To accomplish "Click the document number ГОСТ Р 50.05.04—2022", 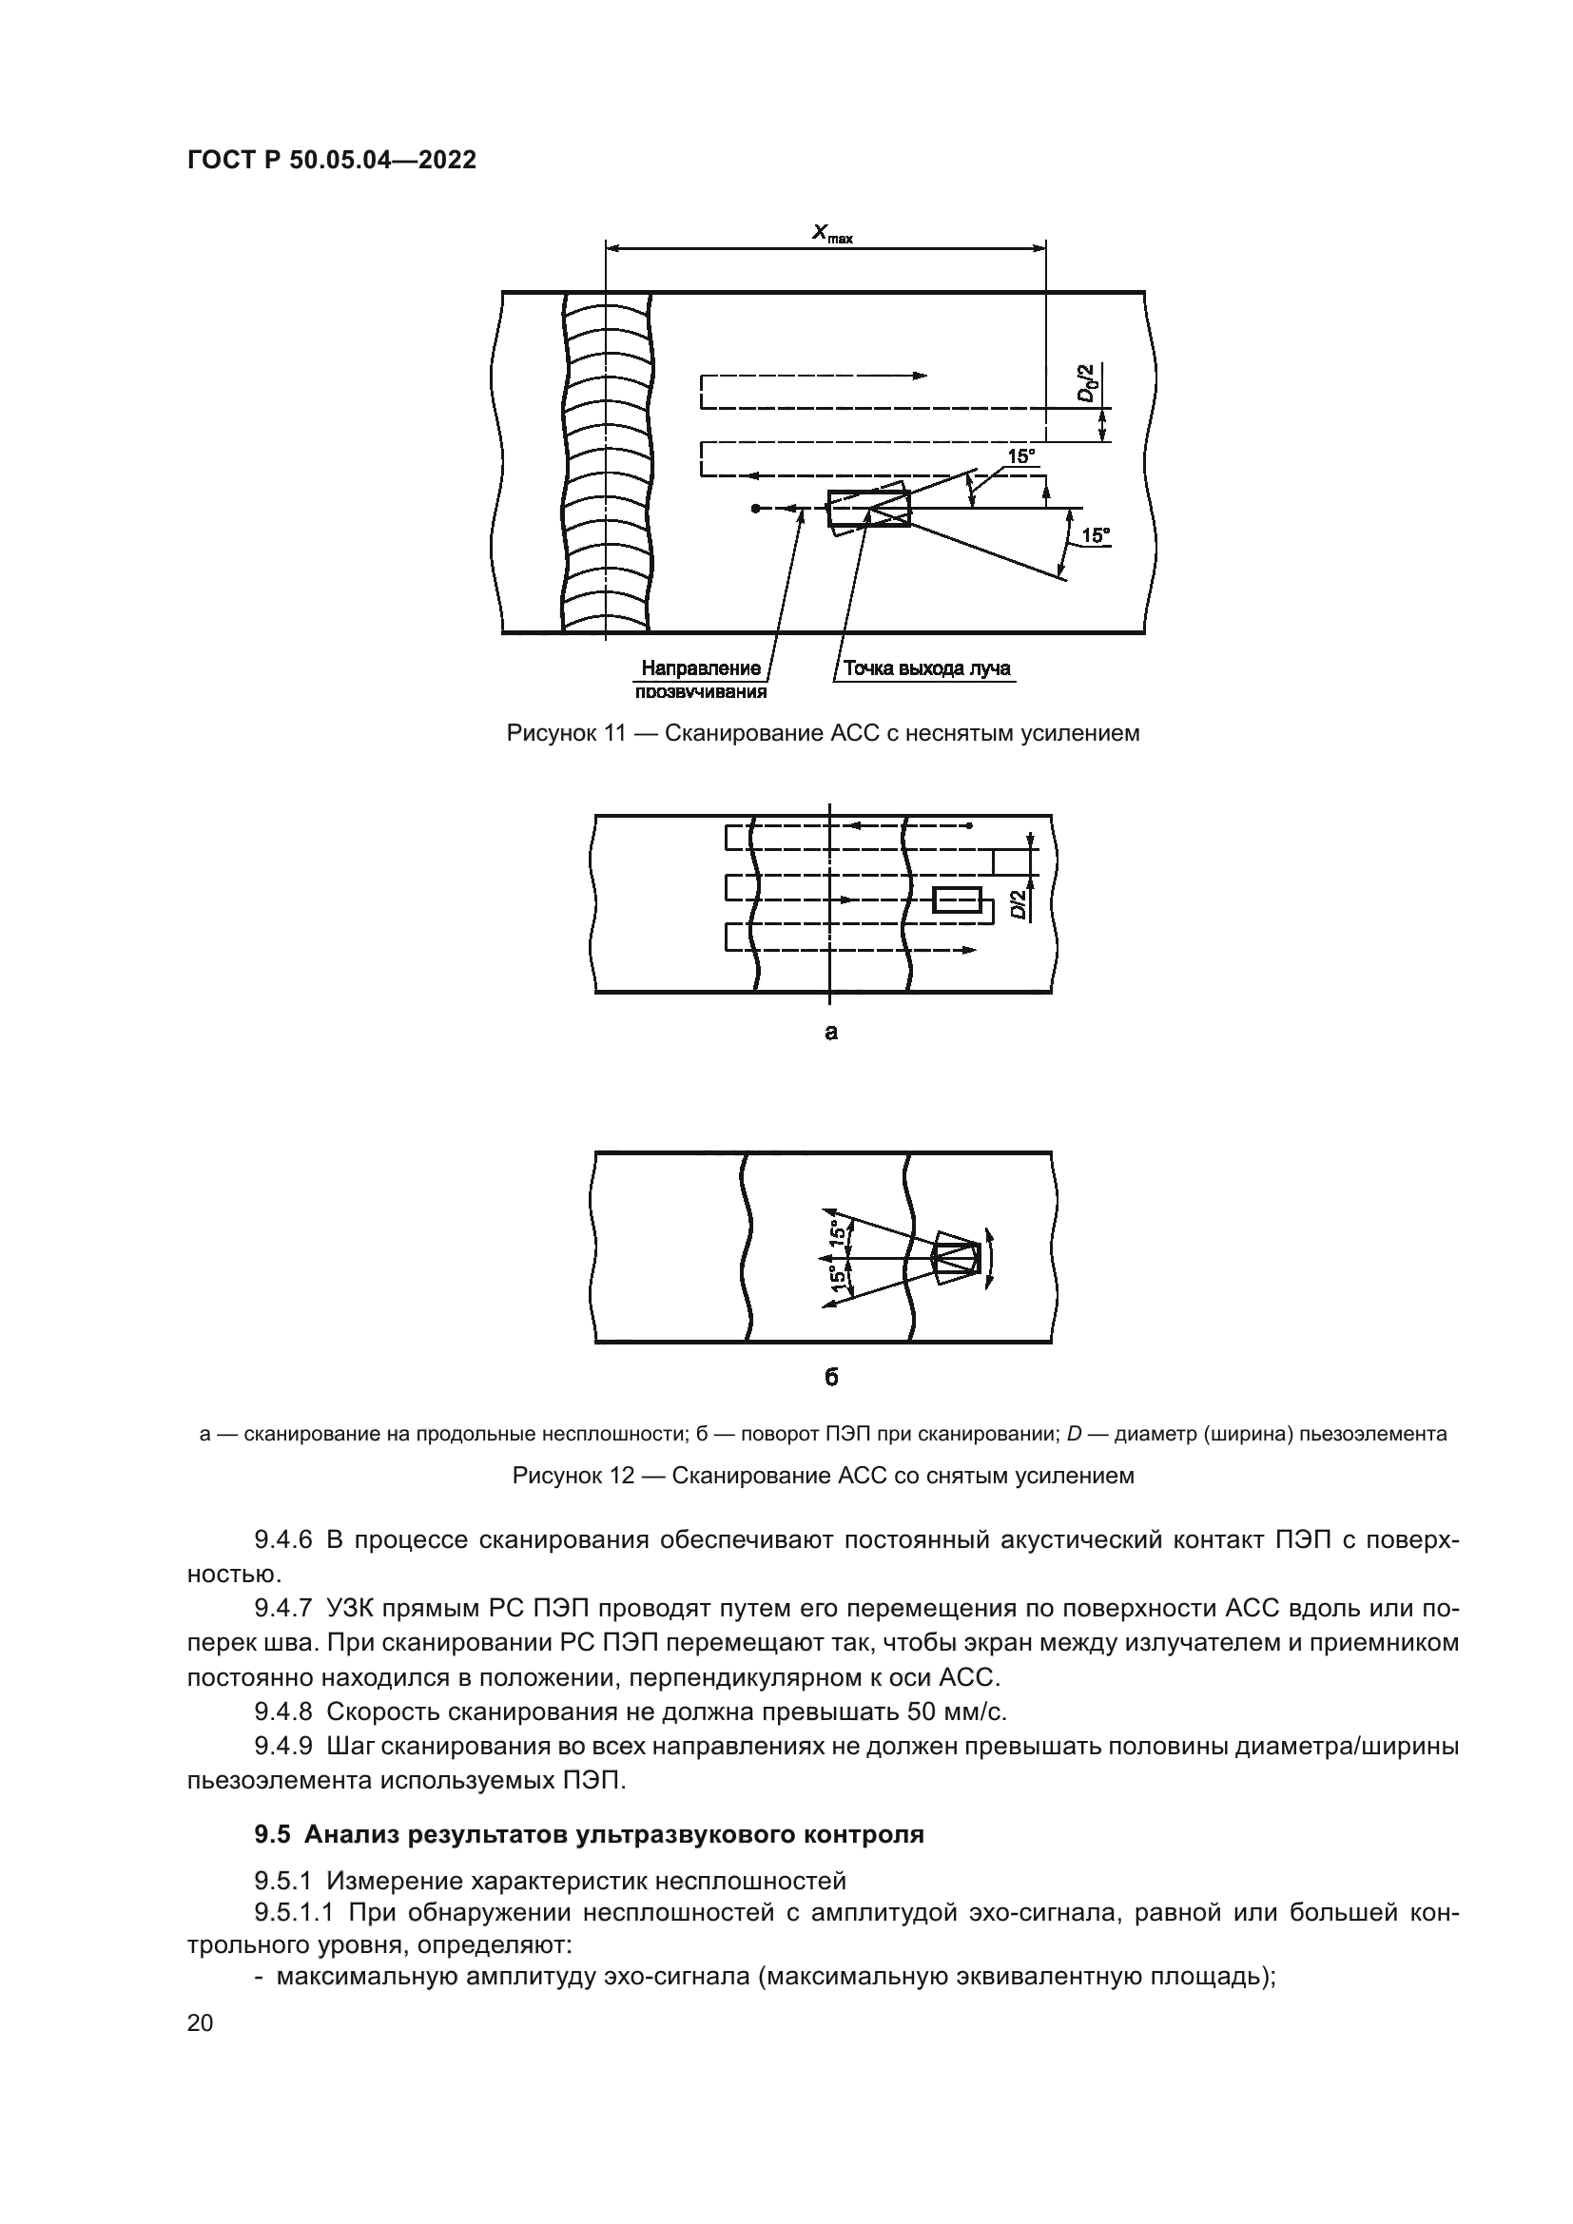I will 331,161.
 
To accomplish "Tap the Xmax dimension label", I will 831,232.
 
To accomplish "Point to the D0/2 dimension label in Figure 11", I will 1089,383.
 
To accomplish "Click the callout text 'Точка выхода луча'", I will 926,668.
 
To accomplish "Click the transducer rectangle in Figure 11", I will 869,509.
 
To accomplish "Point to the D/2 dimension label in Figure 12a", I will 1019,906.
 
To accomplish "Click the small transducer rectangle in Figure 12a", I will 956,899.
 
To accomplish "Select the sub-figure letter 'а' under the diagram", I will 830,1032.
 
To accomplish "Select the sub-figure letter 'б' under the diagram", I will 830,1378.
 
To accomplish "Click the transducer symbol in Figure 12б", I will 958,1258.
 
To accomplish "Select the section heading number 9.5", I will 273,1834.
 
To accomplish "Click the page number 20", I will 201,2022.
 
